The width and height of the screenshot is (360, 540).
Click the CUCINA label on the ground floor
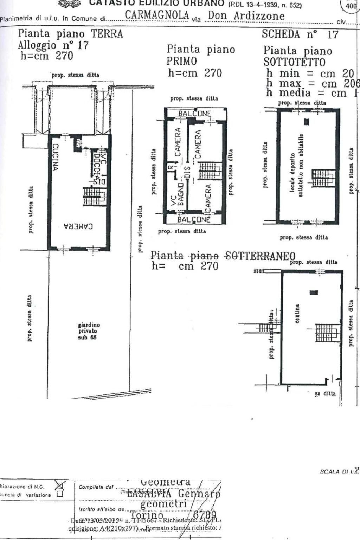tap(55, 157)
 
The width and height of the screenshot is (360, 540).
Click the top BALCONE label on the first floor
tap(194, 114)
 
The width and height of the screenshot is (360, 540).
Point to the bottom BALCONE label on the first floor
tap(193, 219)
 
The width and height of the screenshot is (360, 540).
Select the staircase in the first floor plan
tap(210, 171)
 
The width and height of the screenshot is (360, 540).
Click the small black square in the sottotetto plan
tap(307, 122)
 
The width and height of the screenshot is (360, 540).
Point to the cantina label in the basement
tap(297, 314)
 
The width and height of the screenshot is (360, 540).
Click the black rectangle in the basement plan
tap(314, 292)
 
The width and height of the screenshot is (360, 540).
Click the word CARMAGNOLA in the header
tap(157, 15)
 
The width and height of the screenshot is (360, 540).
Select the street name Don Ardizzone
tap(246, 15)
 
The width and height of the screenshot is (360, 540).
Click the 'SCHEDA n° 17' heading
tap(300, 34)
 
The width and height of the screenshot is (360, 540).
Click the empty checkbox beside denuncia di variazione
tap(60, 494)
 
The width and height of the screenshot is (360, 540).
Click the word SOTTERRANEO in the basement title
tap(260, 256)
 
